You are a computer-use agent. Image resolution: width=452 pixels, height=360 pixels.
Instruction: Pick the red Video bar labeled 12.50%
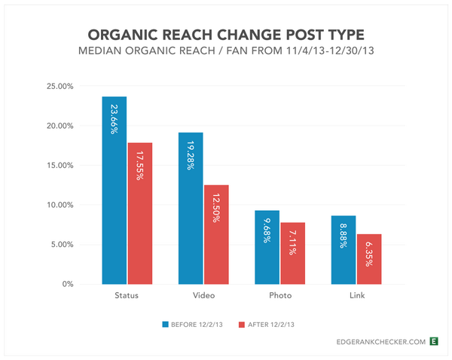(x=216, y=234)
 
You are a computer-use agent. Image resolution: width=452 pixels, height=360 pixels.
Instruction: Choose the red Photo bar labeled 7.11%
(x=292, y=253)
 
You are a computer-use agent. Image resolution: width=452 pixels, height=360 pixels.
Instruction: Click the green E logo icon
(x=433, y=342)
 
